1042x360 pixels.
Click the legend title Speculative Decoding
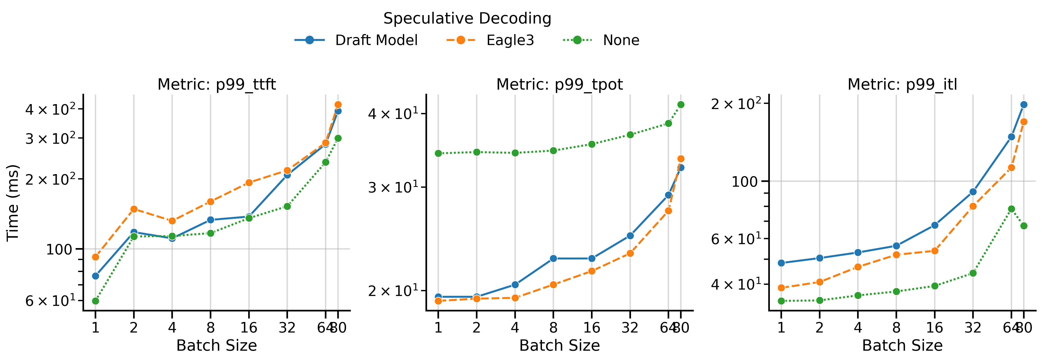467,18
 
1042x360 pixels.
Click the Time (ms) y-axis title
13,202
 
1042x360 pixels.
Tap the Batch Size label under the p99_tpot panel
559,345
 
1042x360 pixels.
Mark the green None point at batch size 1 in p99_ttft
95,301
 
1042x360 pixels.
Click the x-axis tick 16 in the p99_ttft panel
249,327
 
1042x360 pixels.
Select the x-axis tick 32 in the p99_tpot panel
630,327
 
